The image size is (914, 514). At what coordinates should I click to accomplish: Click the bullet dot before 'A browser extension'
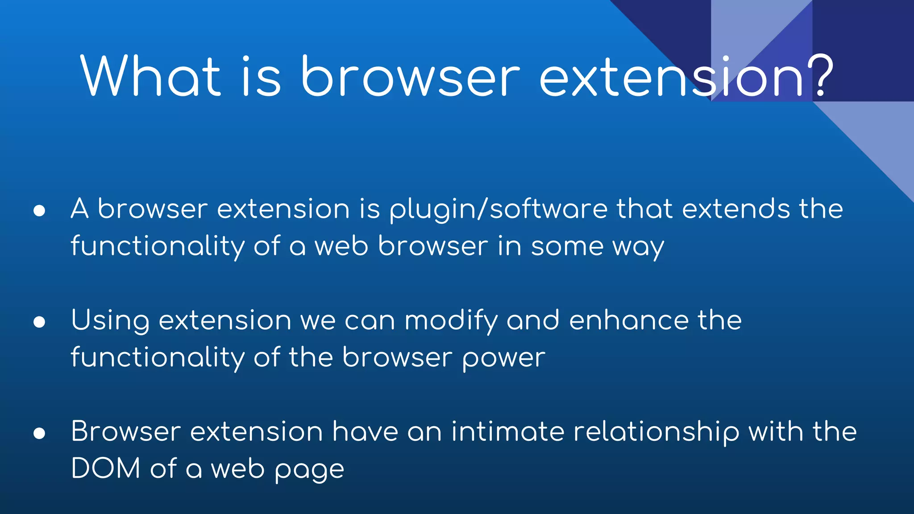point(39,211)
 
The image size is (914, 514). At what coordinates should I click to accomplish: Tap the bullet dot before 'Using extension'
point(39,322)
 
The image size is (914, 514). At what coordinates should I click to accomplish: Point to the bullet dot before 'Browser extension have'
point(39,433)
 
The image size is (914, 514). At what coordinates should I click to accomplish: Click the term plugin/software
point(498,210)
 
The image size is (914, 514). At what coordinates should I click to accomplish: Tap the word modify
point(451,321)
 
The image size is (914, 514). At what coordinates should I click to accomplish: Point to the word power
point(503,359)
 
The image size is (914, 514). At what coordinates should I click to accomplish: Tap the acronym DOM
point(106,469)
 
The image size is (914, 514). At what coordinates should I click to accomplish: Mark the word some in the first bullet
point(567,247)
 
